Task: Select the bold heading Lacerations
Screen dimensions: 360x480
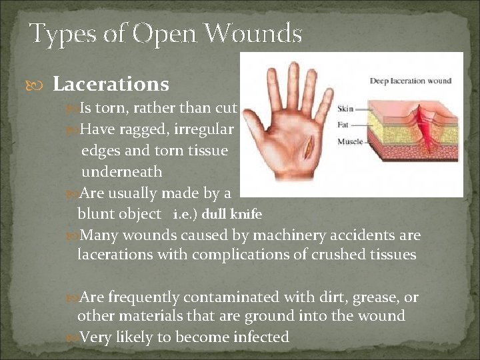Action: click(x=111, y=85)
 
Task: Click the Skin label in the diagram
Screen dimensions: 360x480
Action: click(x=345, y=109)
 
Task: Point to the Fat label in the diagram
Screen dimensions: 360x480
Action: click(x=343, y=125)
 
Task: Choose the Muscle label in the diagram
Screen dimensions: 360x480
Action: click(x=350, y=141)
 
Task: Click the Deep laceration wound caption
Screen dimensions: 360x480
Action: click(x=411, y=81)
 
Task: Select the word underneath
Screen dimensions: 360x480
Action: click(x=121, y=172)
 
